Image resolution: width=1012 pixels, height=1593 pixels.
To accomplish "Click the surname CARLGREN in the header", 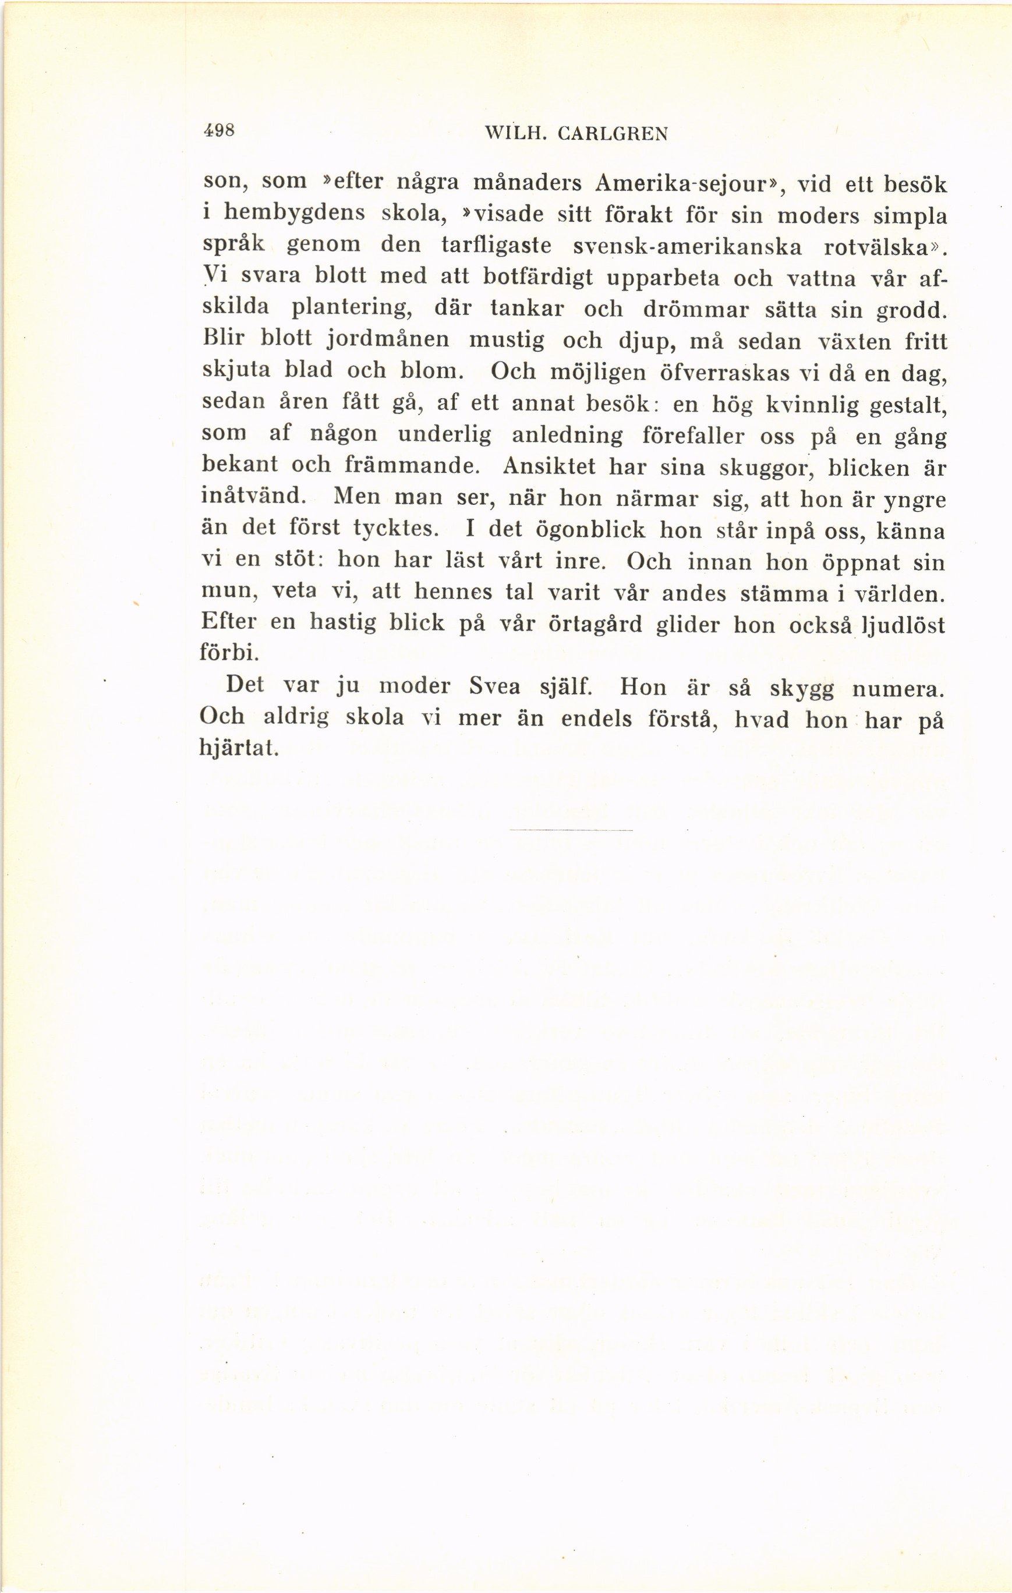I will point(613,134).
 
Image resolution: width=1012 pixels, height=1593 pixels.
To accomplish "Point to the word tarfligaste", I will point(496,246).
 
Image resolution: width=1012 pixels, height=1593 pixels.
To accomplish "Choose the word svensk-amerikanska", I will point(687,247).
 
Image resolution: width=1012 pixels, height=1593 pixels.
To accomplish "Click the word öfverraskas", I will point(726,373).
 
